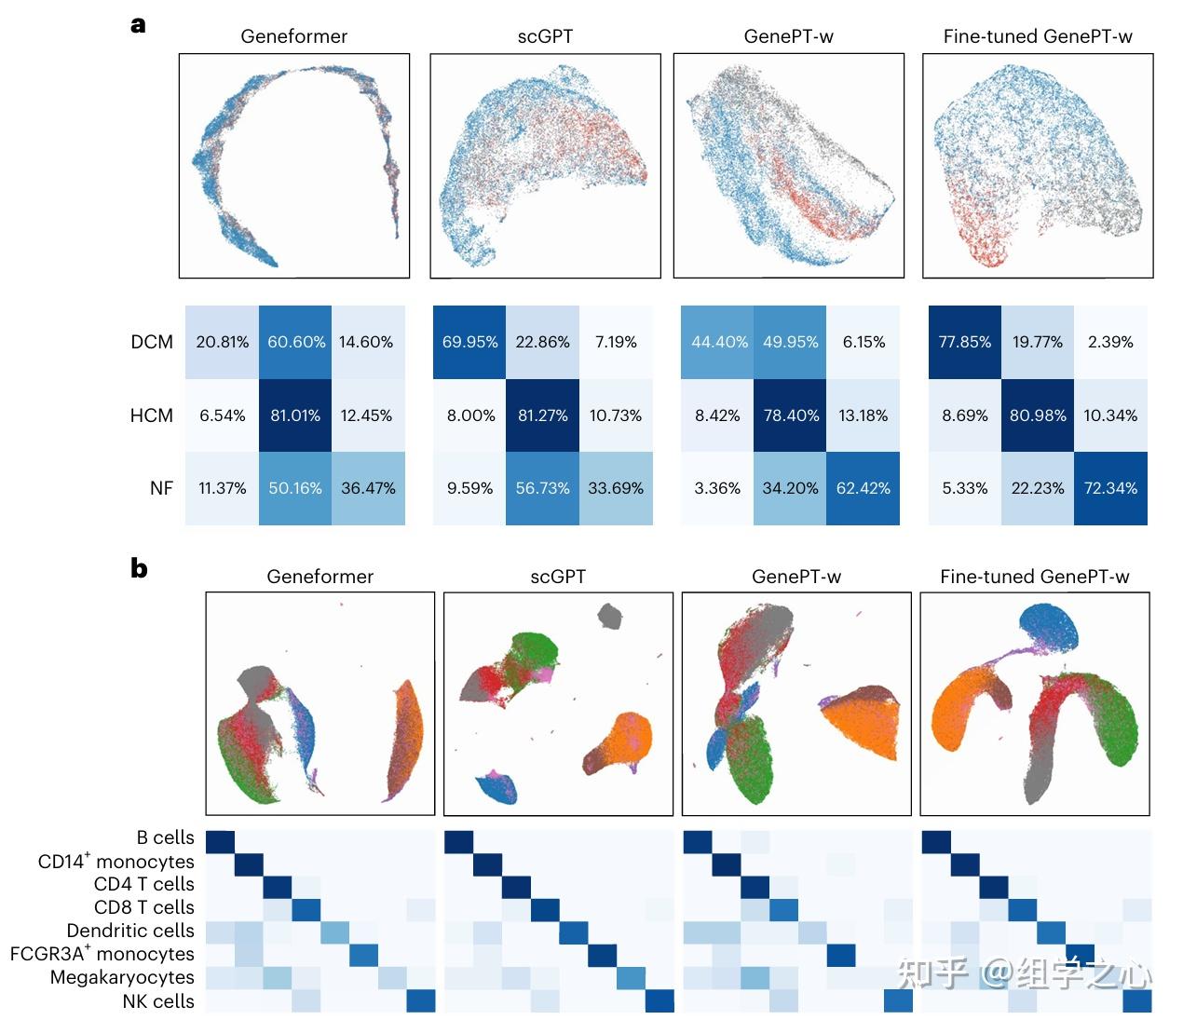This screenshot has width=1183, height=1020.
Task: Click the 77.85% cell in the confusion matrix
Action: (964, 342)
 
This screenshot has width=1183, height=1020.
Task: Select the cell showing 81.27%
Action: (542, 415)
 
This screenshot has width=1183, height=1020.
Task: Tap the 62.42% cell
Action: (863, 488)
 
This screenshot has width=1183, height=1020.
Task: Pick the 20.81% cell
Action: (222, 342)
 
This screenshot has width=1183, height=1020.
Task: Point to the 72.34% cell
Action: (1110, 488)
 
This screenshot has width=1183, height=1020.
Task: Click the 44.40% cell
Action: (718, 342)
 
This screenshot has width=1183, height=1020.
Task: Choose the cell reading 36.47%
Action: (368, 488)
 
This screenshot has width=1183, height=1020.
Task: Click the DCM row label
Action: (152, 342)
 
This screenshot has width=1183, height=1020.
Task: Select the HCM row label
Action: (152, 415)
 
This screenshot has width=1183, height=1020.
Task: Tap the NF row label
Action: (161, 488)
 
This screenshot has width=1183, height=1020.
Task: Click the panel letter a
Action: (138, 25)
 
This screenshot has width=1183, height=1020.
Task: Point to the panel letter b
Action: (139, 568)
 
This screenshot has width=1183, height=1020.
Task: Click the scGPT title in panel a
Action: (545, 36)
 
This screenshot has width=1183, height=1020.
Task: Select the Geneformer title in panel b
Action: (320, 577)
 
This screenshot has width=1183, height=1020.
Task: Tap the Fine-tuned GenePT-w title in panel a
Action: (1038, 36)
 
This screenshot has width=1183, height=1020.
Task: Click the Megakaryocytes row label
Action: (122, 977)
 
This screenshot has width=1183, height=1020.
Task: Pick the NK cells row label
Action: (158, 1001)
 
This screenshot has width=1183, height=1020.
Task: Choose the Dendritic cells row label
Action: (130, 931)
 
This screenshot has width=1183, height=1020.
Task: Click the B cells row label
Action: (165, 837)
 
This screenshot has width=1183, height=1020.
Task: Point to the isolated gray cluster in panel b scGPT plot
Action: (609, 615)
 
